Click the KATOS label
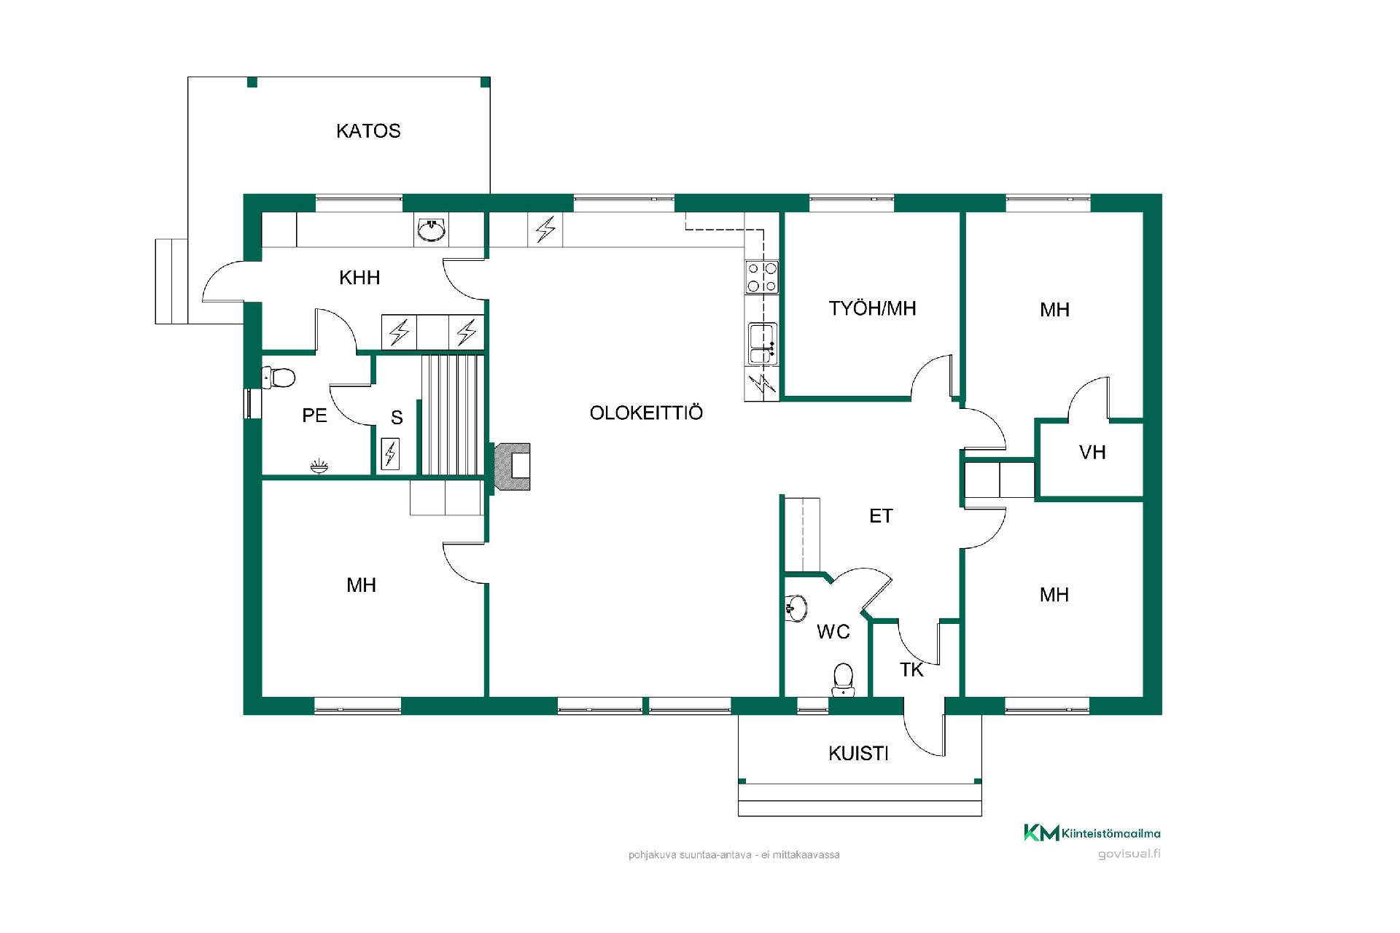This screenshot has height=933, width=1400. pos(368,131)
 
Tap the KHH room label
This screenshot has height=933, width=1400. pos(359,278)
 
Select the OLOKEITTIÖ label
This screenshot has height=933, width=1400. pos(646,413)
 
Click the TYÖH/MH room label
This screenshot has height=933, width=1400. pos(872,308)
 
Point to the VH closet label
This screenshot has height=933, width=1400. pos(1092,453)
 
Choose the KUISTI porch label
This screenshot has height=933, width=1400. pos(858,754)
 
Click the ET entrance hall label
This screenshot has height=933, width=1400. pos(881,516)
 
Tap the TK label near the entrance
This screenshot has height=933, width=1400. pos(911,670)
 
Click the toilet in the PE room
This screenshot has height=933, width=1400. pos(279,378)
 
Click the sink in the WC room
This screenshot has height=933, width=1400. pos(796,608)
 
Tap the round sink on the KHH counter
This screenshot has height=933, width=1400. pos(431,230)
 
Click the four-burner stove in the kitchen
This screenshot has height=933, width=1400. pos(762,277)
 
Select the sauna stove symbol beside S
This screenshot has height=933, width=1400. pos(390,453)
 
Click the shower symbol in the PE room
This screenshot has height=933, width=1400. pos(319,466)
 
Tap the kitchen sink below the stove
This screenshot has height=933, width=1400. pos(762,344)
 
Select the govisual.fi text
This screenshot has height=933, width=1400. pos(1129,854)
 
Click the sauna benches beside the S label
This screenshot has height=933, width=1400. pos(453,415)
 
